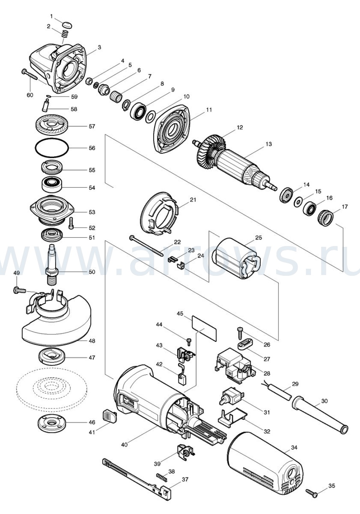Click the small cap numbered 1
pos(67,24)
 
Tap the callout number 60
pos(30,95)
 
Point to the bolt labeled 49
pos(20,290)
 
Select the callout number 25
pos(258,237)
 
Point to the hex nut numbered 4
pos(89,81)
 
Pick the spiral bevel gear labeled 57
pos(52,126)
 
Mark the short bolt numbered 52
pos(71,223)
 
